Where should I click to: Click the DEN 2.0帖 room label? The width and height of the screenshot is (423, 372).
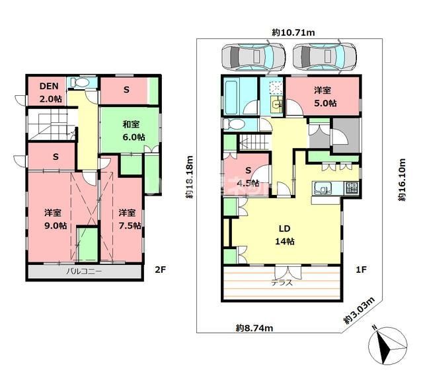[51, 93]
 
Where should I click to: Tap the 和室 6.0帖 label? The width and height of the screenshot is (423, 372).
[134, 131]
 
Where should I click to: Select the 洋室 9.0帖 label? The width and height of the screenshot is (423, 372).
[56, 219]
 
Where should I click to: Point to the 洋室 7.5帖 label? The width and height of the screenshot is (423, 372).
[130, 219]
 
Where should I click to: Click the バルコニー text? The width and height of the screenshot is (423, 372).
[85, 271]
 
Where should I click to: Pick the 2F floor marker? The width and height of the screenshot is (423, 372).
[160, 269]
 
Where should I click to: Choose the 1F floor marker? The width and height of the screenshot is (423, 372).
[361, 269]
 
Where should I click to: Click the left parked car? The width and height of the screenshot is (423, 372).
[253, 57]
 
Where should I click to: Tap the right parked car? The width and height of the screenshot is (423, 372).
[325, 57]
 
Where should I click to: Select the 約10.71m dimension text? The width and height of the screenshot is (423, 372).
[293, 32]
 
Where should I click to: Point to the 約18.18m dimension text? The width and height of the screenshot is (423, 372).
[190, 177]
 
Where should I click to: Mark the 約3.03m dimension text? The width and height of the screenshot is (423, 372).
[360, 311]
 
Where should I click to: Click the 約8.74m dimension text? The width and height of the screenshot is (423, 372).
[254, 328]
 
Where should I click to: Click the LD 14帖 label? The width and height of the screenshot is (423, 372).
[285, 235]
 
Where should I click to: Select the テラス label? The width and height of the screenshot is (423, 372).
[282, 283]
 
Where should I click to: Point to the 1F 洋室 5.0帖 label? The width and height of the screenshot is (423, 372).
[325, 96]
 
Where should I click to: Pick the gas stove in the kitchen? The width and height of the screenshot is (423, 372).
[352, 188]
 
